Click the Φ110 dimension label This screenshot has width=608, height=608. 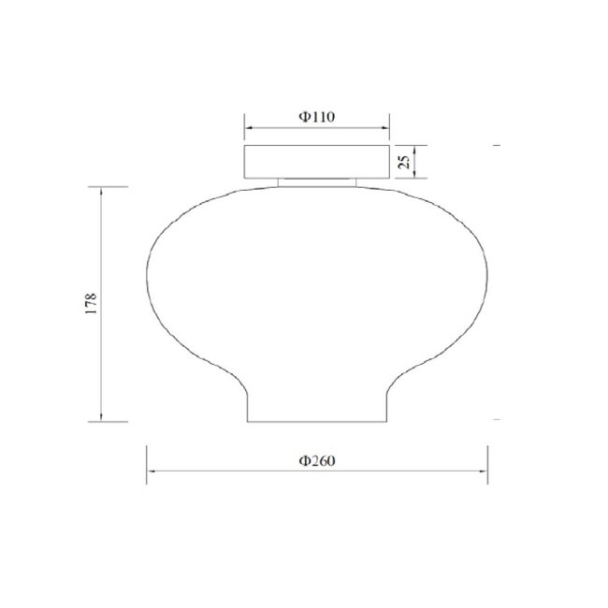tap(317, 117)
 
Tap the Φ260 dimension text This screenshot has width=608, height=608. tap(317, 460)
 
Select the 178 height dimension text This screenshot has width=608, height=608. tap(91, 304)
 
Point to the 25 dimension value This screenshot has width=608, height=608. tap(404, 162)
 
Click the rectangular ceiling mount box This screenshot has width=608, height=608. tap(317, 162)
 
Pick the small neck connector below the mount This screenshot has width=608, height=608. tap(317, 182)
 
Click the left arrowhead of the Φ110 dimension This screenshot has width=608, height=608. tap(248, 127)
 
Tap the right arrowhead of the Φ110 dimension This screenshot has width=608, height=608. tap(385, 127)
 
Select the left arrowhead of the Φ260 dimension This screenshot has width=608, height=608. tap(151, 471)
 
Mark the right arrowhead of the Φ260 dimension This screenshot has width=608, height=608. tap(484, 471)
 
